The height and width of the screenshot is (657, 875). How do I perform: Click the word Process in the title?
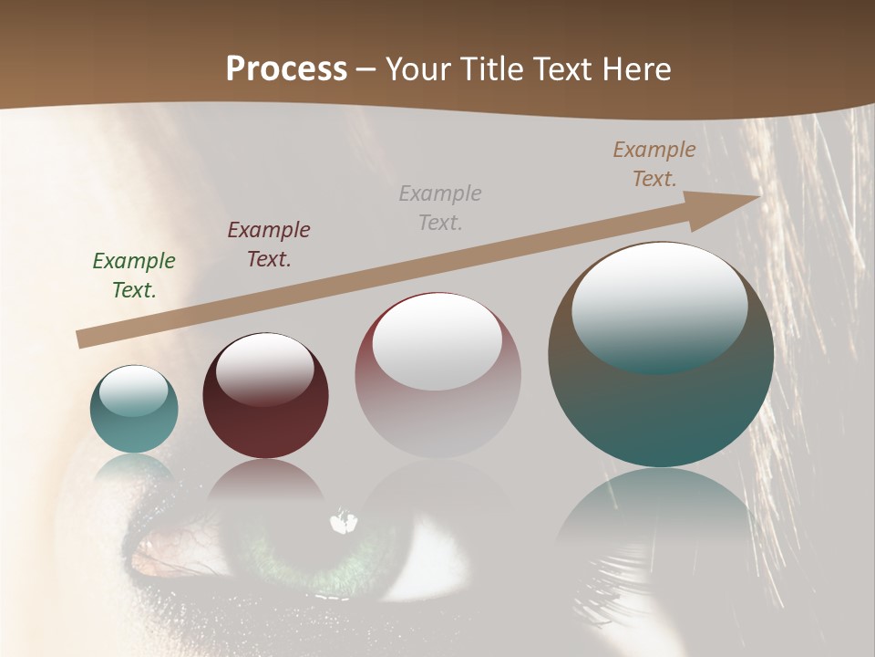[286, 68]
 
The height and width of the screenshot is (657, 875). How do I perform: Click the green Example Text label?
[134, 276]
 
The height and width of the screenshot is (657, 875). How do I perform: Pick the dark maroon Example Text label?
[269, 245]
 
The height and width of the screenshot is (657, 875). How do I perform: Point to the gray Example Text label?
[440, 207]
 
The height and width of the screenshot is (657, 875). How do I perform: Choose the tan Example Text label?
[654, 164]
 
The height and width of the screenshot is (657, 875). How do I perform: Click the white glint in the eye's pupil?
[344, 523]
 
